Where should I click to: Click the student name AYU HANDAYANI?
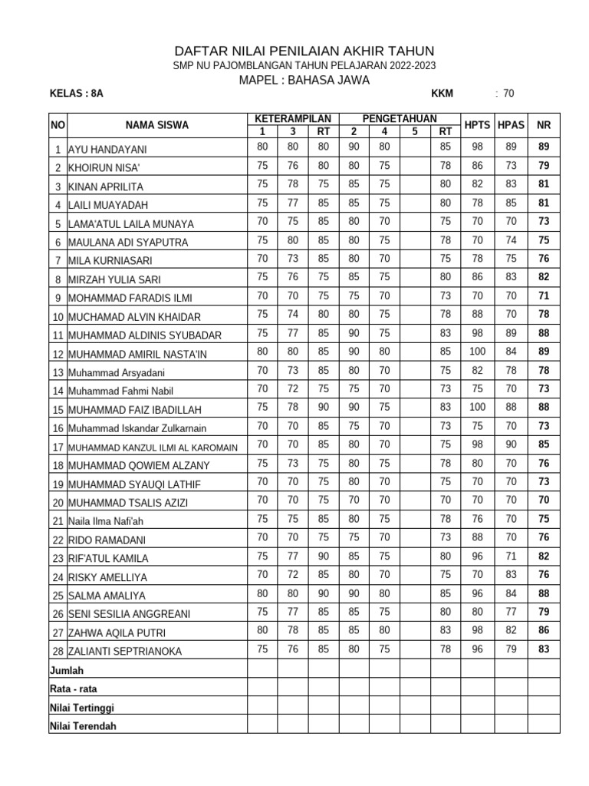(x=107, y=150)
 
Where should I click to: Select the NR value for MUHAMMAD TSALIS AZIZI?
(x=544, y=500)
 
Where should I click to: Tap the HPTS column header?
(x=477, y=124)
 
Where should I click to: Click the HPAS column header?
(x=510, y=124)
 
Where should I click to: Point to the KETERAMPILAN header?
(x=292, y=118)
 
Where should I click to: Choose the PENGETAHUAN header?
(x=399, y=118)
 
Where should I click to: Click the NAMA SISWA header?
(x=157, y=125)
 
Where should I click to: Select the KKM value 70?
(x=508, y=94)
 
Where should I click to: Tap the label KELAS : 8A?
(x=76, y=94)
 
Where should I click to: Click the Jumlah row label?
(x=67, y=670)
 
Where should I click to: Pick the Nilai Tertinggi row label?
(x=82, y=708)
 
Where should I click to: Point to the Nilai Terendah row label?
(x=83, y=726)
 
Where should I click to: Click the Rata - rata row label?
(x=74, y=689)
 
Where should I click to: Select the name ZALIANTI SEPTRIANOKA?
(x=126, y=652)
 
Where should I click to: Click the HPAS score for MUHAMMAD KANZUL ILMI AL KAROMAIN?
(x=510, y=444)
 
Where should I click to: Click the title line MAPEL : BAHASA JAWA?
(x=304, y=80)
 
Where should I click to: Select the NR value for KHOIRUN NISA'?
(x=544, y=166)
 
